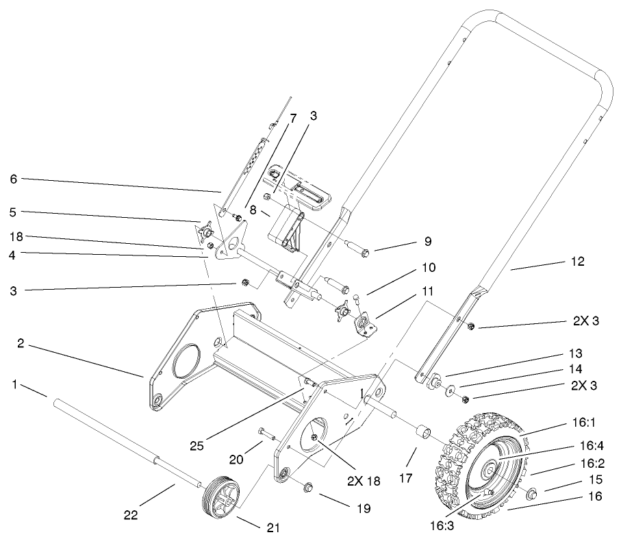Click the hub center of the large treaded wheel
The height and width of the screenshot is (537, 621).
(x=492, y=470)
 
